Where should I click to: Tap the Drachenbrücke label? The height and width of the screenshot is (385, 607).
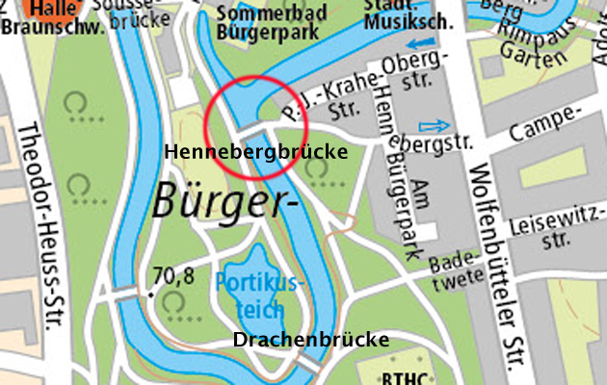[x=311, y=340]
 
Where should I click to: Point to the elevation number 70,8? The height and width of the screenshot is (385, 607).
[x=173, y=277]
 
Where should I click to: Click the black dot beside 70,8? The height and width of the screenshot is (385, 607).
[x=152, y=288]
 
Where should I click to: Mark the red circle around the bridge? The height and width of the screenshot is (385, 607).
[x=256, y=126]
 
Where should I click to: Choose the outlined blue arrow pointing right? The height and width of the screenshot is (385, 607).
[x=435, y=126]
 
